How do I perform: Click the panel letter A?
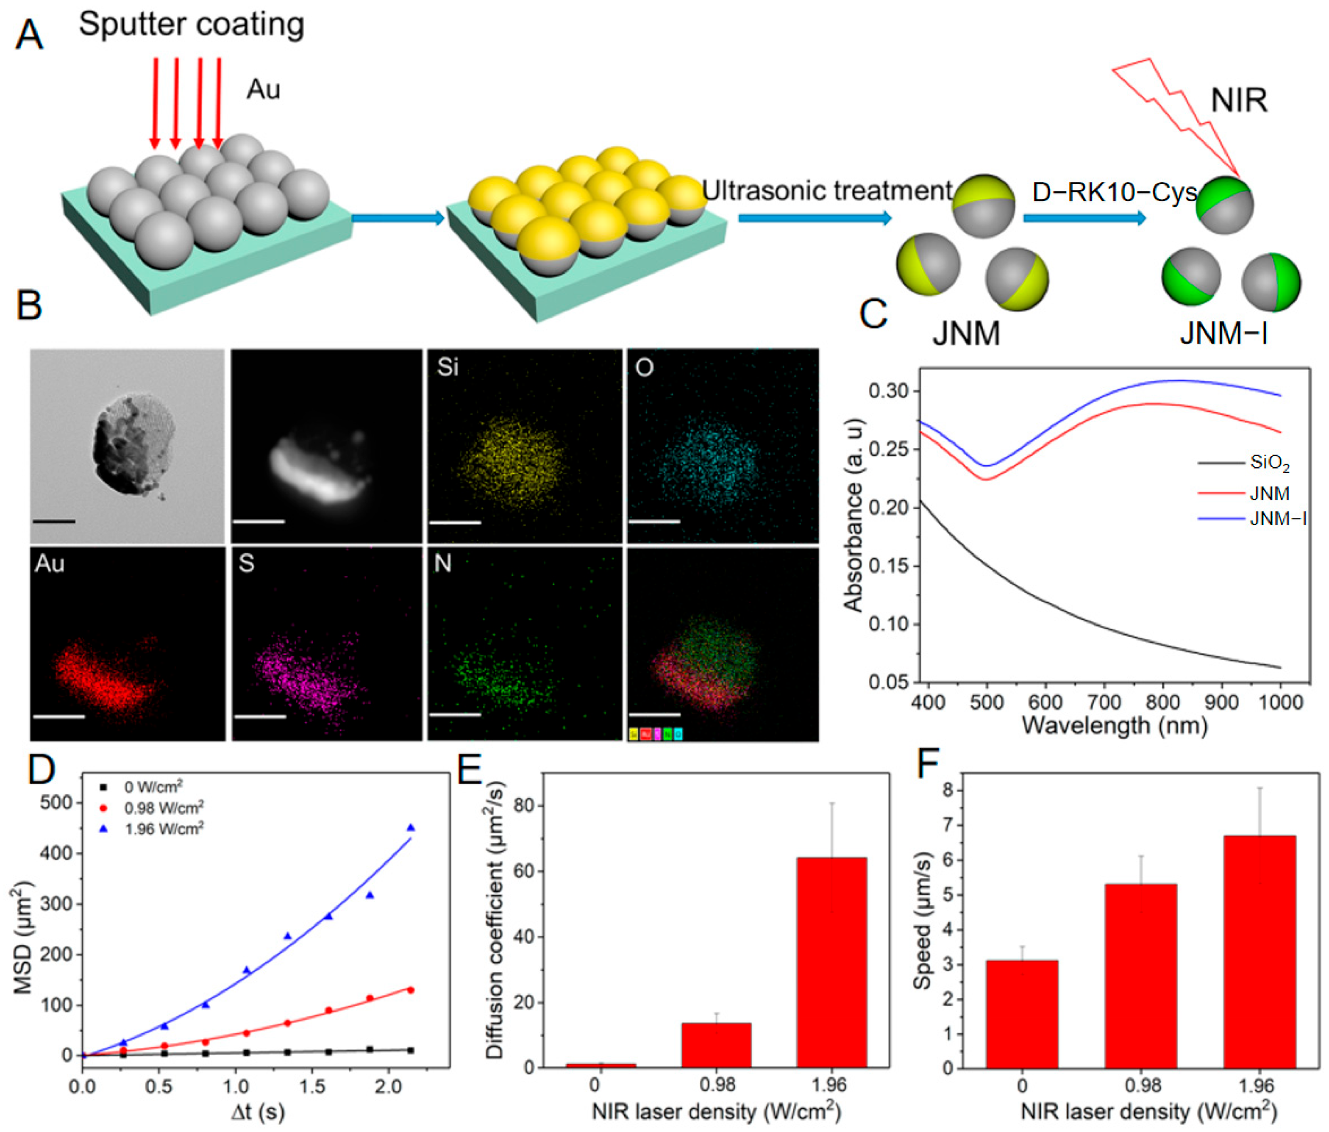point(29,35)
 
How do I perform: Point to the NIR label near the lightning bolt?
point(1239,101)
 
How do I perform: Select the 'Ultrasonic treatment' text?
point(827,191)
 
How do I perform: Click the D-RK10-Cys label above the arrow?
point(1114,192)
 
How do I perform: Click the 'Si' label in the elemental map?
point(447,367)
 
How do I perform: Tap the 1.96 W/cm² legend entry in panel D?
point(164,829)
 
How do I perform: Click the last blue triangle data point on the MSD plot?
point(411,828)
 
